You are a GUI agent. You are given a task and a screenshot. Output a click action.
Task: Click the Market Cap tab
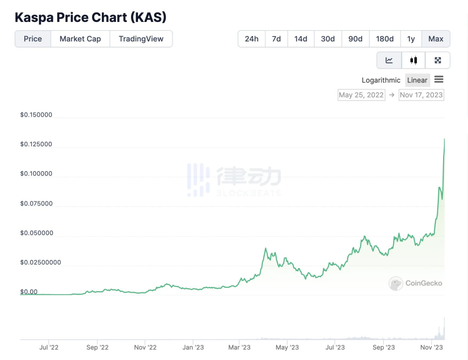80,39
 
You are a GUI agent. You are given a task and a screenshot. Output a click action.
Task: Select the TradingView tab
141,39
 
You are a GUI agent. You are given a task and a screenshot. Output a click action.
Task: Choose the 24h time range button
252,39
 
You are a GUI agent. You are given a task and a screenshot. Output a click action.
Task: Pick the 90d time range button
355,39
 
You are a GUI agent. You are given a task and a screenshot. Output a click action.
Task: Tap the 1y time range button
411,39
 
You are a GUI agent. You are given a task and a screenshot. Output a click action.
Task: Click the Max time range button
436,39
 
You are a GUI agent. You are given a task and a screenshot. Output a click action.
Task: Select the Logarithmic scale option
381,80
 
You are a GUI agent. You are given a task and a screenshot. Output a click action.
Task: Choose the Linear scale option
417,80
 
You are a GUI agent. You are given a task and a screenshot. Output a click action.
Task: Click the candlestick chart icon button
413,60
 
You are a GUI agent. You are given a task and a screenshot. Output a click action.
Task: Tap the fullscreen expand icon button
438,60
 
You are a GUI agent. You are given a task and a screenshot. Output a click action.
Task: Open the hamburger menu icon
439,80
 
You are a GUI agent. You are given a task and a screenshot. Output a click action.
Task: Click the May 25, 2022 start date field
361,95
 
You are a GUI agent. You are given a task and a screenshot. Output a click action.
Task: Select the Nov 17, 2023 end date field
421,95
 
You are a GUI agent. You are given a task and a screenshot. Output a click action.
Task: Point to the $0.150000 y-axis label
36,115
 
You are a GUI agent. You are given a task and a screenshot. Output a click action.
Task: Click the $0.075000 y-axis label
36,203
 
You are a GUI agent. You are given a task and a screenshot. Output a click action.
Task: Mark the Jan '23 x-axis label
193,347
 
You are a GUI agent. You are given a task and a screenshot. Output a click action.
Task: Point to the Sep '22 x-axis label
97,347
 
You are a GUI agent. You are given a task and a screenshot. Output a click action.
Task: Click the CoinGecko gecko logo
395,283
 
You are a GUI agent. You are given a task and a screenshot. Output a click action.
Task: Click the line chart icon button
389,60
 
